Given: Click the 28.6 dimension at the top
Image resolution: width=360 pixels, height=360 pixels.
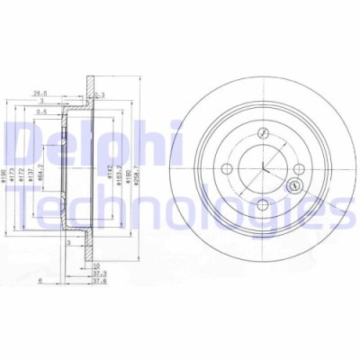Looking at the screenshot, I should click(40, 91).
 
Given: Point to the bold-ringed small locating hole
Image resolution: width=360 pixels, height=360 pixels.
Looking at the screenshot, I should click(292, 186).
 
